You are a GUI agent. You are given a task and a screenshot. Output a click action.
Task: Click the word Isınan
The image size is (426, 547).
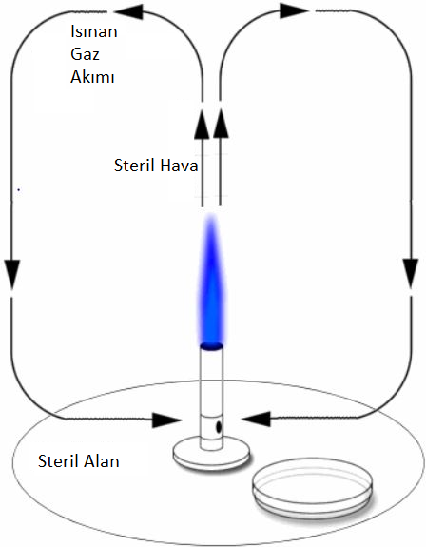tap(94, 31)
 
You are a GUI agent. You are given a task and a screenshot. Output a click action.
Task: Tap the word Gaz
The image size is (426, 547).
tap(85, 54)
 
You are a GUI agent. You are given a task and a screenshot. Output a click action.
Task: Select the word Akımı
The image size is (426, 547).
tap(92, 77)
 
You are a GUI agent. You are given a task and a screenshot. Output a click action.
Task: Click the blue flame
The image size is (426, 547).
tap(211, 279)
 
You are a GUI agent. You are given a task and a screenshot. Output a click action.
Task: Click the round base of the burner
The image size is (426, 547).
tap(212, 454)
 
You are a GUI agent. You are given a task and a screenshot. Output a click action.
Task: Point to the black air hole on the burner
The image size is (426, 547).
tap(219, 426)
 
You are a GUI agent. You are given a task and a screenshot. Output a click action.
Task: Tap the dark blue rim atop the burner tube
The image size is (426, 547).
tap(211, 346)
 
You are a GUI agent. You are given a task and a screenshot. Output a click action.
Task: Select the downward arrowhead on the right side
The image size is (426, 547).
tap(411, 273)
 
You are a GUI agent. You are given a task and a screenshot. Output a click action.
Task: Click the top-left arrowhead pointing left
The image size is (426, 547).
tap(128, 12)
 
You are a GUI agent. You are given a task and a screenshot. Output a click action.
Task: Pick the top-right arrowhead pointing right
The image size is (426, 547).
tap(294, 10)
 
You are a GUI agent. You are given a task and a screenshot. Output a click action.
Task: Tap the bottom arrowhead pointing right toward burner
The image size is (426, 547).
tap(166, 420)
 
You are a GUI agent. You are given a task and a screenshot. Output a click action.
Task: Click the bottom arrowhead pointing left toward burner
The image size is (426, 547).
tap(256, 419)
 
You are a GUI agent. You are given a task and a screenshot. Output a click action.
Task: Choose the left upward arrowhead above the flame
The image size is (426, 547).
tap(202, 124)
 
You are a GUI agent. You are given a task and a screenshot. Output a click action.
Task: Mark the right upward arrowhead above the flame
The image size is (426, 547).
tap(221, 123)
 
